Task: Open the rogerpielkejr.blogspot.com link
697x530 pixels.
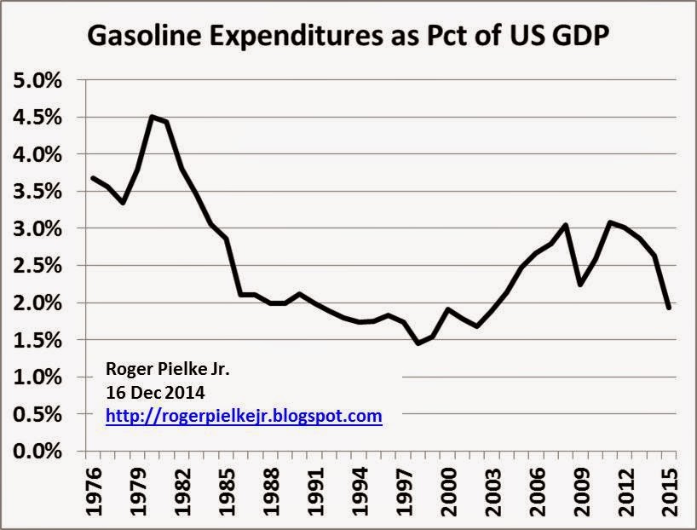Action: point(244,417)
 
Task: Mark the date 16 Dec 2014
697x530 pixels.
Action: point(153,393)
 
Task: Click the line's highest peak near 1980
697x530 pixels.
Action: point(152,117)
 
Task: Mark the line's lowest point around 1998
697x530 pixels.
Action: point(418,343)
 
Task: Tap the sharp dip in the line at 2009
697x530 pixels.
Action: point(580,285)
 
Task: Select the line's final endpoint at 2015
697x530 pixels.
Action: point(669,308)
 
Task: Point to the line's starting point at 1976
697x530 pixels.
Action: point(93,177)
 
